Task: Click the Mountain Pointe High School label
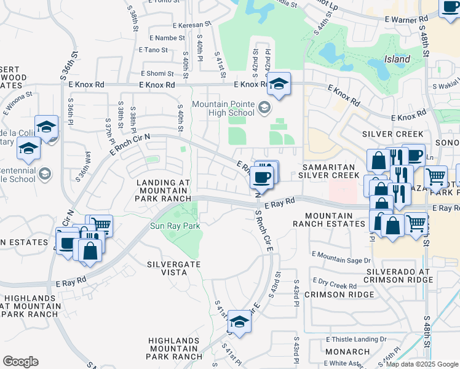pyautogui.click(x=223, y=108)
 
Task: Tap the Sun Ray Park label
pyautogui.click(x=175, y=226)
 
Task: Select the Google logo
pyautogui.click(x=20, y=362)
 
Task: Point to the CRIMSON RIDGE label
pyautogui.click(x=343, y=295)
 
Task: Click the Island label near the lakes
pyautogui.click(x=397, y=60)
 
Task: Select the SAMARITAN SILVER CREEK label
pyautogui.click(x=328, y=171)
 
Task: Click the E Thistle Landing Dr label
pyautogui.click(x=356, y=339)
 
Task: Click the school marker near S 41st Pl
pyautogui.click(x=239, y=321)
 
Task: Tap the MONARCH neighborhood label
pyautogui.click(x=347, y=352)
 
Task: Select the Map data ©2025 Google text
pyautogui.click(x=422, y=364)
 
